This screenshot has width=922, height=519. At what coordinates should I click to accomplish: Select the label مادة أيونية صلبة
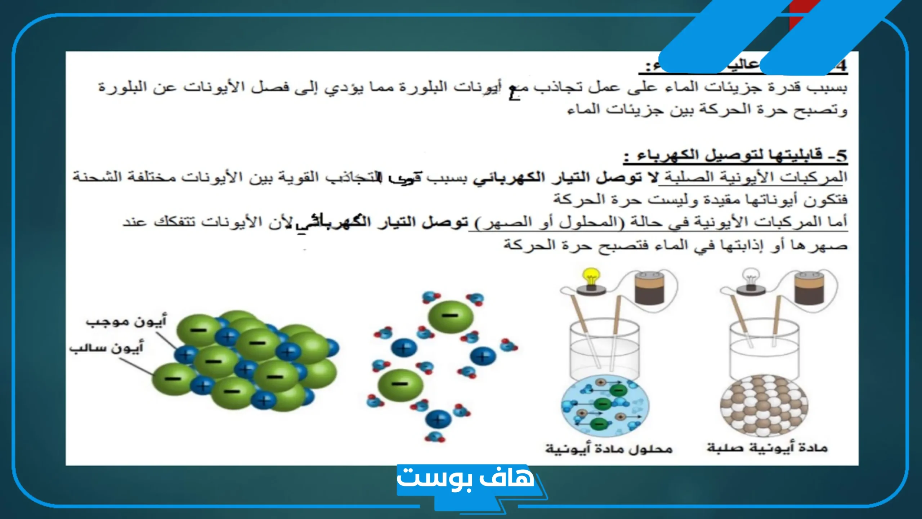click(x=767, y=448)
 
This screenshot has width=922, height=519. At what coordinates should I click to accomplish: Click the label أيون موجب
click(x=126, y=321)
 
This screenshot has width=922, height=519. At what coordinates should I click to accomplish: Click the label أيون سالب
click(x=107, y=348)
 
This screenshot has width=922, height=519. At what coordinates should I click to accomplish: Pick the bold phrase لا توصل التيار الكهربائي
click(x=565, y=177)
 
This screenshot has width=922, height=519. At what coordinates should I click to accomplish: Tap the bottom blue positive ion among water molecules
click(x=438, y=419)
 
